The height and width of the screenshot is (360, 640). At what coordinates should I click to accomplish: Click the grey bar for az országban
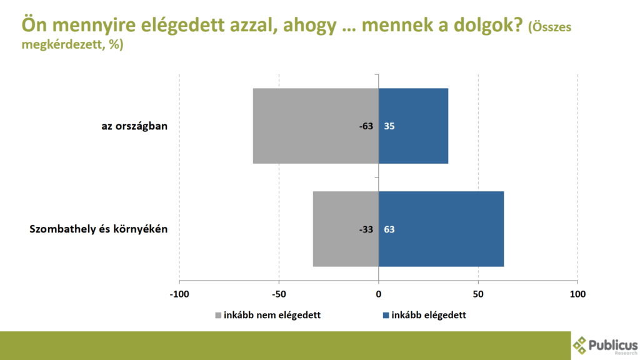click(316, 126)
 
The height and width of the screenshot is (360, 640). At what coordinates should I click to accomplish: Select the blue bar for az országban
click(414, 126)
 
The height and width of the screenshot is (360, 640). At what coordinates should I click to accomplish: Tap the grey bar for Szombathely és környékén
click(346, 229)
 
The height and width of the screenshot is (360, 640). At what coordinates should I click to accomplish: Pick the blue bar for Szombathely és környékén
click(441, 229)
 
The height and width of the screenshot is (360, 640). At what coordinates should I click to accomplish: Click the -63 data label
click(366, 126)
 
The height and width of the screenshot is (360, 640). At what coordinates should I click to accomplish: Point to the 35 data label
click(389, 126)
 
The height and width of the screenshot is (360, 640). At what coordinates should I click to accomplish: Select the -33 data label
click(366, 229)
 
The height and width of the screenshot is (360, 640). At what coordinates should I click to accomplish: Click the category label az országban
click(134, 126)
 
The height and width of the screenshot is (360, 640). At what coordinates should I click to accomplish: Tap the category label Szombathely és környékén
click(98, 229)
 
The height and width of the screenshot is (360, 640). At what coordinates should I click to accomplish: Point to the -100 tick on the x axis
click(179, 294)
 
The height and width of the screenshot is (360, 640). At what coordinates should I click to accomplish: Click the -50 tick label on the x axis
click(279, 294)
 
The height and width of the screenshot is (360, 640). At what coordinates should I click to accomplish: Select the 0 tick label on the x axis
click(379, 294)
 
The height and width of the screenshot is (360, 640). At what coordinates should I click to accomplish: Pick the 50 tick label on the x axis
click(478, 294)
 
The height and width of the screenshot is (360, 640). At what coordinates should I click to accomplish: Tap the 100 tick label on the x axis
click(577, 294)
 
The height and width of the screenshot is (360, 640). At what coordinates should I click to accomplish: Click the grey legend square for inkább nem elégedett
click(218, 316)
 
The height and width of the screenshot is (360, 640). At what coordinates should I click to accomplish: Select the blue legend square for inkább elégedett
click(386, 316)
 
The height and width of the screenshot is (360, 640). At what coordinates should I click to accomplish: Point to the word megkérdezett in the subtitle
click(63, 44)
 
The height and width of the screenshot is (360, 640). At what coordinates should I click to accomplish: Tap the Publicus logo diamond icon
click(579, 345)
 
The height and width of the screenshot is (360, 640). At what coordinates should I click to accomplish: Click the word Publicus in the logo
click(613, 345)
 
